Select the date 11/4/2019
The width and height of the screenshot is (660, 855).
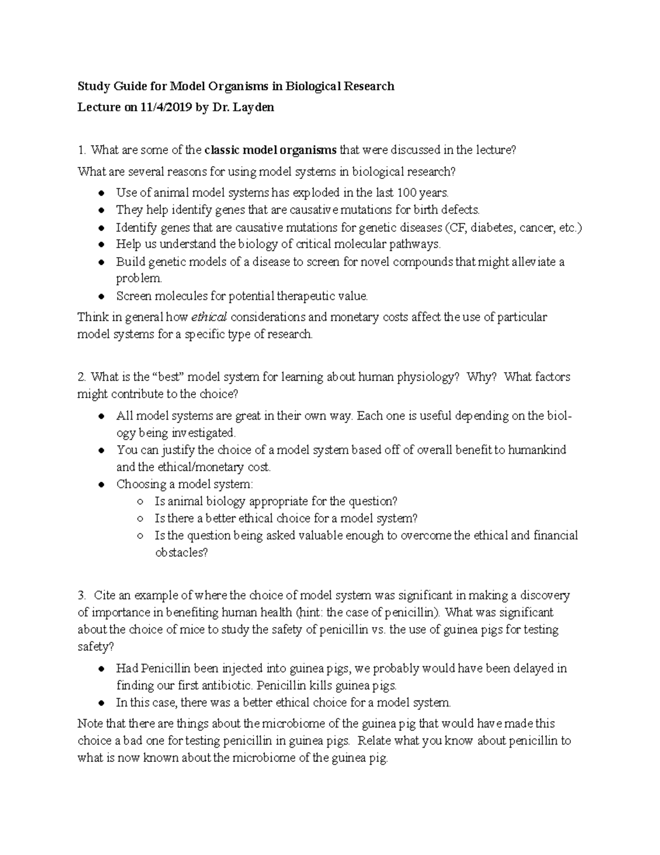[166, 107]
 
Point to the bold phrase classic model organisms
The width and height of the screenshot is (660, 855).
[271, 150]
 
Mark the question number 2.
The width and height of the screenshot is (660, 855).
[82, 377]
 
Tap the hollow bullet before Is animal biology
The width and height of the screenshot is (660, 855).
[141, 502]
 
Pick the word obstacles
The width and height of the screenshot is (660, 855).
[181, 553]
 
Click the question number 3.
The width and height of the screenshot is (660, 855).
[82, 595]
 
